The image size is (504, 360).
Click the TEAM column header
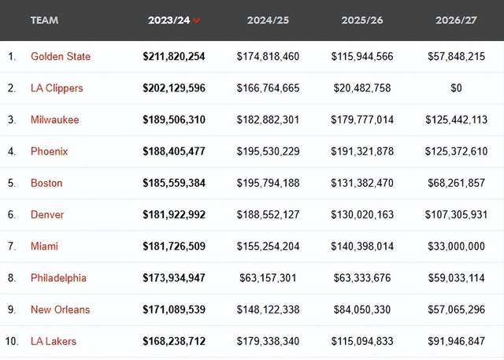tap(44, 20)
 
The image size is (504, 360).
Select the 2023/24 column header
tap(169, 20)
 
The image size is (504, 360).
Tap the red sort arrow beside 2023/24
tap(196, 21)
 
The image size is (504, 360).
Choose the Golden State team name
tap(61, 57)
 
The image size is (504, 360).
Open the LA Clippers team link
tap(57, 88)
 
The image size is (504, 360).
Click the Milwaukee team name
tap(54, 120)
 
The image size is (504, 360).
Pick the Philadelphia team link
tap(58, 278)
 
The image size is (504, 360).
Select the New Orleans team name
tap(60, 310)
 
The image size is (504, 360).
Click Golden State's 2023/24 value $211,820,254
tap(174, 57)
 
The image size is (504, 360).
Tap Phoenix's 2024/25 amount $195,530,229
tap(268, 151)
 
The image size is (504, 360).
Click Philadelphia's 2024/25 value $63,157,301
tap(269, 278)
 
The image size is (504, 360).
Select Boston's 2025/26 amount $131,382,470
tap(362, 183)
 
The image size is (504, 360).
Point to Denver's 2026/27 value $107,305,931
tap(456, 214)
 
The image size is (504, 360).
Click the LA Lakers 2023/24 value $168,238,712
tap(174, 341)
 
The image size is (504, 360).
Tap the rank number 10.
tap(11, 341)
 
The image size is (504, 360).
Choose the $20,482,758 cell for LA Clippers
tap(364, 88)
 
